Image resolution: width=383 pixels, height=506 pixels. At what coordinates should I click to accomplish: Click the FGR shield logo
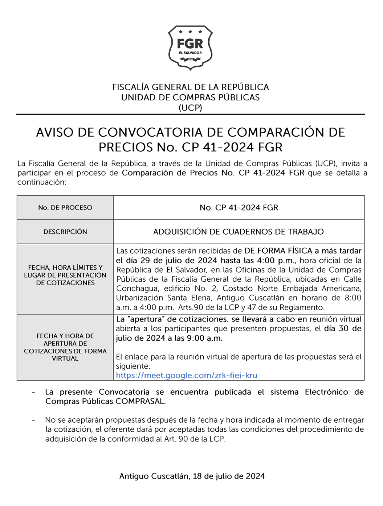click(x=190, y=47)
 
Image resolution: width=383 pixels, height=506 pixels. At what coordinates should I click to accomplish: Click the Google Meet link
click(x=186, y=376)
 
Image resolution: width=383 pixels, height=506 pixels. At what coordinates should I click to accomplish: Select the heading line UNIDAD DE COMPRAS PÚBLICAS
click(x=190, y=98)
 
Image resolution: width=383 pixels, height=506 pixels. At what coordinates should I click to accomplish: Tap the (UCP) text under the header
click(x=190, y=108)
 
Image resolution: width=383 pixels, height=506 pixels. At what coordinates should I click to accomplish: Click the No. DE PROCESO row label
click(x=65, y=208)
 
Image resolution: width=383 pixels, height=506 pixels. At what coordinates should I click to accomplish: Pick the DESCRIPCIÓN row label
click(x=65, y=232)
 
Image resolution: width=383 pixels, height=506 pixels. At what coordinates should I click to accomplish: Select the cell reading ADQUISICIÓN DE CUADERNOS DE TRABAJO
click(x=239, y=232)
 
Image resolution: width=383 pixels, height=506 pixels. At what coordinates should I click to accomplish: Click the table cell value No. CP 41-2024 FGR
click(x=239, y=208)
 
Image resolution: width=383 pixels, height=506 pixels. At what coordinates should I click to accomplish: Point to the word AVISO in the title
click(x=54, y=132)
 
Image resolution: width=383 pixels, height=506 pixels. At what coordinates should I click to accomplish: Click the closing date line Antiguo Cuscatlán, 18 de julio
click(x=192, y=476)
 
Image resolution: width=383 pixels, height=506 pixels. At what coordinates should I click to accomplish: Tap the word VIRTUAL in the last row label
click(x=65, y=358)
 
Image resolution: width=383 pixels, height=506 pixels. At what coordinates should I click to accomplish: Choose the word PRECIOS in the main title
click(x=126, y=147)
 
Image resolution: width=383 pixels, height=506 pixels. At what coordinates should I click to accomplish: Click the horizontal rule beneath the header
click(x=190, y=115)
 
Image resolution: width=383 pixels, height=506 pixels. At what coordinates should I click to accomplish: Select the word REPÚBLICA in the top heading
click(x=245, y=87)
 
